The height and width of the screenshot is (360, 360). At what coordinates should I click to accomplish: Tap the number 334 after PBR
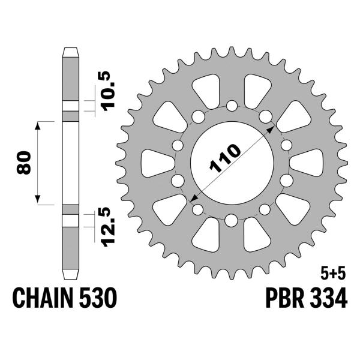click(x=329, y=297)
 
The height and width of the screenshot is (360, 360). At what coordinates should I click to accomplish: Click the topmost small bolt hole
click(x=232, y=106)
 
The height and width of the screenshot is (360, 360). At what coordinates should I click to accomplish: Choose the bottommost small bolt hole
click(x=232, y=220)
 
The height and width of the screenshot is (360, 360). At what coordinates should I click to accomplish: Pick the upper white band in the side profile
click(x=70, y=106)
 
